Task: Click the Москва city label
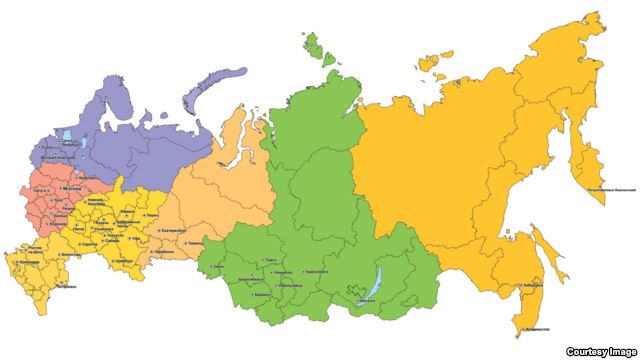coord(71,188)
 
